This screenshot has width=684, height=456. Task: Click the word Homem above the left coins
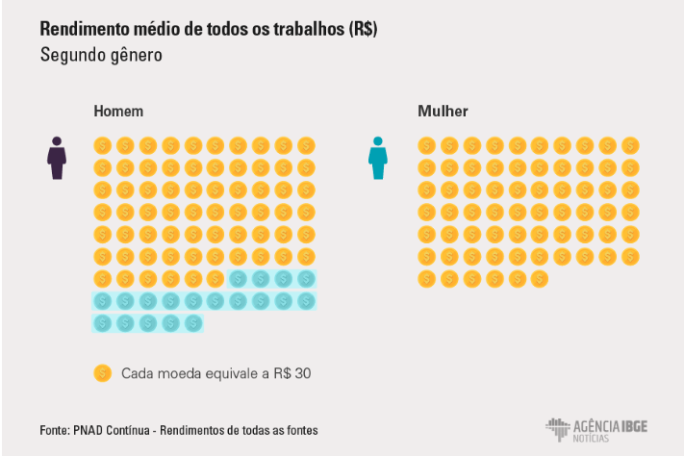point(118,112)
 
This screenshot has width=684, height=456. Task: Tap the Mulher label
point(443,112)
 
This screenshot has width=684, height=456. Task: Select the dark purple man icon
point(57,158)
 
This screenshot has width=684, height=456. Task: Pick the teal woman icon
point(378,158)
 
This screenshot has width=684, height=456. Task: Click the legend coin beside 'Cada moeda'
point(103,373)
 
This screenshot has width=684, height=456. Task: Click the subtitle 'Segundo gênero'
point(101,55)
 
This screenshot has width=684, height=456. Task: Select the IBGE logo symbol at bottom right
point(559,428)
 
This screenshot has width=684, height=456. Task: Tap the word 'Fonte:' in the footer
point(55,430)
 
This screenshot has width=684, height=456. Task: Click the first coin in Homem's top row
point(103,145)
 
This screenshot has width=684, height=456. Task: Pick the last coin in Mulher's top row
point(630,145)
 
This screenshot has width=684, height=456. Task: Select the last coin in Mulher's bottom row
point(540,279)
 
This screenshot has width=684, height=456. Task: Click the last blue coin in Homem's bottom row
point(193,323)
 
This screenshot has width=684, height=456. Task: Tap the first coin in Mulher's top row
point(426,145)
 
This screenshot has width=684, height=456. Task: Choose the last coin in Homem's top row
point(306,145)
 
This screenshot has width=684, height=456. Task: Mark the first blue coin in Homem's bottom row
point(103,323)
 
